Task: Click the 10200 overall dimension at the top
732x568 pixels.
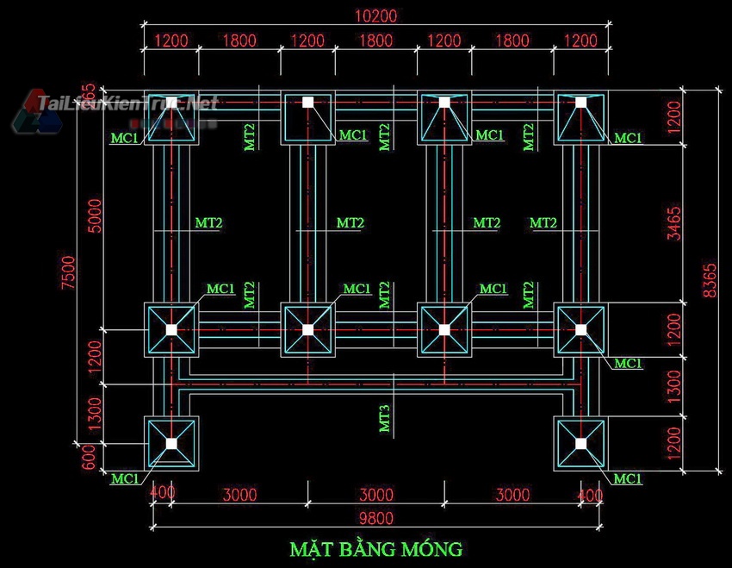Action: [375, 16]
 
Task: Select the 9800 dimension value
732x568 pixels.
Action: [375, 518]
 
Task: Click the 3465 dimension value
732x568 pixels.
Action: [674, 222]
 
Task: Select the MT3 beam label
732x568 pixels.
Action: [385, 417]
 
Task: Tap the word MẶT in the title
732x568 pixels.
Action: [312, 548]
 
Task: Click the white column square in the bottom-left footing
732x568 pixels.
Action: [171, 443]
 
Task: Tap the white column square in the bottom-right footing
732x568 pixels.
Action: [580, 443]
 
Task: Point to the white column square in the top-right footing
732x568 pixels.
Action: [580, 102]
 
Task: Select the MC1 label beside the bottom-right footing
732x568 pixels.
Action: [628, 478]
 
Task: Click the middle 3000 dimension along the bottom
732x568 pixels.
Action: [375, 495]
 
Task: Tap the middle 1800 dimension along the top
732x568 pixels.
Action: [375, 41]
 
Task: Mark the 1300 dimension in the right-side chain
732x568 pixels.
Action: [674, 386]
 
